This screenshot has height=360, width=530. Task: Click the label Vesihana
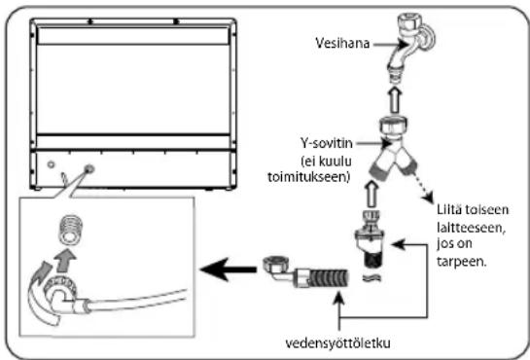[342, 43]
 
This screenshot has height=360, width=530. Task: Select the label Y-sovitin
[327, 143]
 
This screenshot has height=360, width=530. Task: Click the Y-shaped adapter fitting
[393, 148]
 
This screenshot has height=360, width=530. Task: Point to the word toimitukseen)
[308, 177]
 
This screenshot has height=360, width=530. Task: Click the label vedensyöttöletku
[338, 343]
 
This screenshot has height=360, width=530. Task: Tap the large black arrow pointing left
[229, 270]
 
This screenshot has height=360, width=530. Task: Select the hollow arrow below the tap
[394, 99]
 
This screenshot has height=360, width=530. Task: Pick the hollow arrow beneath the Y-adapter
[371, 194]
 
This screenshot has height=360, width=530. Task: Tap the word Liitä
[449, 209]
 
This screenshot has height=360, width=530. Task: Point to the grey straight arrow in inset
[65, 261]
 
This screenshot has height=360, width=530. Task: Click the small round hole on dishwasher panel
[51, 164]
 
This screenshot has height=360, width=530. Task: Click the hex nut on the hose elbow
[274, 265]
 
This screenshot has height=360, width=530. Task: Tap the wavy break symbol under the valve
[371, 278]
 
